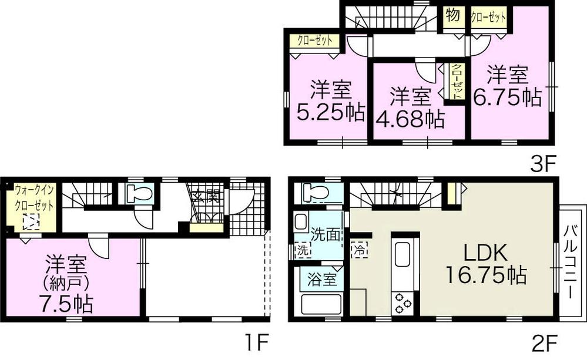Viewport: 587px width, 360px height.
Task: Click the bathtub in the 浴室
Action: (321, 304)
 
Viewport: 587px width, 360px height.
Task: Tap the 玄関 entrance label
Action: (206, 196)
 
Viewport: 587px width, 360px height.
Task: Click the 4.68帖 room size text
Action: (409, 119)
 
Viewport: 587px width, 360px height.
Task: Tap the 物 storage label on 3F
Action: (452, 16)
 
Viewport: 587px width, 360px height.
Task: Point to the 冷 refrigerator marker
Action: (358, 249)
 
